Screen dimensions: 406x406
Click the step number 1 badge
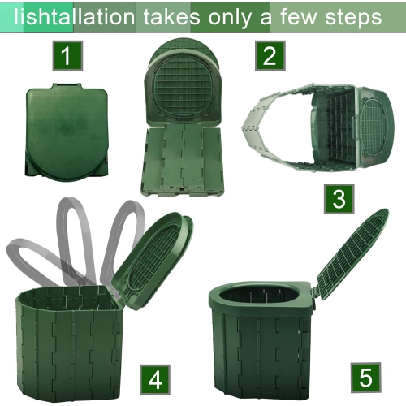point(67,56)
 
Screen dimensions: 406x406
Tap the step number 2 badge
point(270,56)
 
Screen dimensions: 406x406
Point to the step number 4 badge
point(156,378)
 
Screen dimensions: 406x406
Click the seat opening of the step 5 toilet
point(265,294)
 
